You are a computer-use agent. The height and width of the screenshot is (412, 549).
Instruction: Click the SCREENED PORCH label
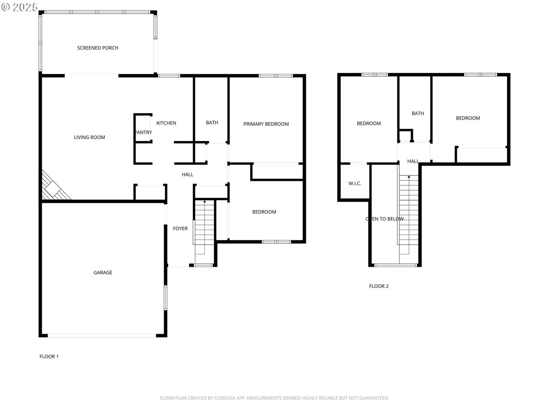tap(97, 48)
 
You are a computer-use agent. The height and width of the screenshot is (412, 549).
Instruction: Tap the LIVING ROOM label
tap(89, 137)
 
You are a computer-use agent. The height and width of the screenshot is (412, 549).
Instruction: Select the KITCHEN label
tap(166, 123)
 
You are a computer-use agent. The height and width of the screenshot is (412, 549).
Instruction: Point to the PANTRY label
tap(143, 132)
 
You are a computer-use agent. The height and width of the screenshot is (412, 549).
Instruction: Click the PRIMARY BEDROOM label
tap(266, 124)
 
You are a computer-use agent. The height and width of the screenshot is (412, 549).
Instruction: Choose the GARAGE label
tap(103, 272)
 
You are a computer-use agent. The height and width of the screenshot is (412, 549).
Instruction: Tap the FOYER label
tap(180, 228)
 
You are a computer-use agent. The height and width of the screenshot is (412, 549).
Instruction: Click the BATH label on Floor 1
tap(212, 122)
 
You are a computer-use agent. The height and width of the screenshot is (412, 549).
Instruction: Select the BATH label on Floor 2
tap(418, 113)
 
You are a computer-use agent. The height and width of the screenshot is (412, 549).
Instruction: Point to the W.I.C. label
tap(355, 183)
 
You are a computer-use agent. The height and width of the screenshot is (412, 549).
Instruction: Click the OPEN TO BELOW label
tap(384, 219)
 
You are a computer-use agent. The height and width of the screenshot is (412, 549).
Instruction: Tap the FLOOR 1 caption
tap(49, 356)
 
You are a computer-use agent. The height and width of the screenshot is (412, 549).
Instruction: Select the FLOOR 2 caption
tap(379, 286)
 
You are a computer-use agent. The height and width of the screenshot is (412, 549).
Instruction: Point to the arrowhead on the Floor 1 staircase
tap(205, 201)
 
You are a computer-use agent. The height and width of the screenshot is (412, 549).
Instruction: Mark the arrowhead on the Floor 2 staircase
tap(409, 176)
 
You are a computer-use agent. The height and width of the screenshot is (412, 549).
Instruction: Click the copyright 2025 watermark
tap(19, 7)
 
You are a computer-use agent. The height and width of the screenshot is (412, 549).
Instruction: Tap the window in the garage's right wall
tap(165, 297)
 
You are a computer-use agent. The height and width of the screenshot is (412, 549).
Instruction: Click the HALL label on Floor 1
tap(187, 174)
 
